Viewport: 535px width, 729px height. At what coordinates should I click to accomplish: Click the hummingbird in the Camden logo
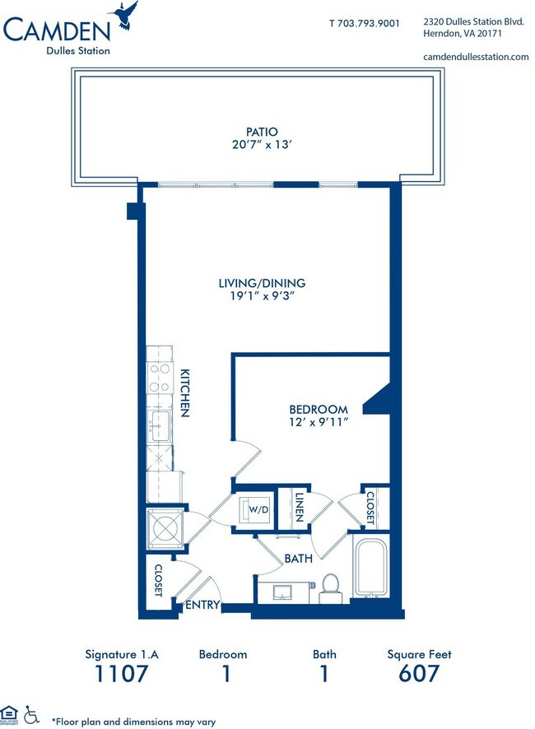pyautogui.click(x=123, y=15)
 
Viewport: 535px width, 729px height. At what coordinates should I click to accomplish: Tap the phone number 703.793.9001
pyautogui.click(x=368, y=23)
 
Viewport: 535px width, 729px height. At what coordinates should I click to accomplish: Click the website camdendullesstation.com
pyautogui.click(x=476, y=57)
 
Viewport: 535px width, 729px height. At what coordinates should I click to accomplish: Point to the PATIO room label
pyautogui.click(x=262, y=132)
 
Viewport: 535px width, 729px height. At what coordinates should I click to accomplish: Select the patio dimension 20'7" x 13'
pyautogui.click(x=262, y=145)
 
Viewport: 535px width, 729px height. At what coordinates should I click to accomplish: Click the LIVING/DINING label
pyautogui.click(x=263, y=283)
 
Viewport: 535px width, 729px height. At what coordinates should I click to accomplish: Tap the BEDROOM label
pyautogui.click(x=319, y=410)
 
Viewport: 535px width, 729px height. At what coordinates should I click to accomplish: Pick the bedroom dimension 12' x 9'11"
pyautogui.click(x=319, y=422)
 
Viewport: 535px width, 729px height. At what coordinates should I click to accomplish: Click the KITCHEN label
pyautogui.click(x=184, y=392)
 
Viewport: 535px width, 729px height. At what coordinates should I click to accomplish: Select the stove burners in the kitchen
pyautogui.click(x=160, y=378)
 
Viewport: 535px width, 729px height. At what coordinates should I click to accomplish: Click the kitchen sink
pyautogui.click(x=158, y=426)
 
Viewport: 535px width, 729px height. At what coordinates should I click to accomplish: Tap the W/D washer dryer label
pyautogui.click(x=258, y=509)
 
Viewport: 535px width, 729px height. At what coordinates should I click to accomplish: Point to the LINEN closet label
pyautogui.click(x=300, y=507)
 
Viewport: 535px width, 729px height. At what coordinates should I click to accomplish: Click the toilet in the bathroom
pyautogui.click(x=330, y=588)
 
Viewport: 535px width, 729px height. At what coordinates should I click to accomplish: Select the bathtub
pyautogui.click(x=370, y=568)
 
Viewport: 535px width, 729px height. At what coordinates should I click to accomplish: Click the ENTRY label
pyautogui.click(x=202, y=605)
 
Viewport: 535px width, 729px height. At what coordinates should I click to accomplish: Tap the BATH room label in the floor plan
pyautogui.click(x=298, y=559)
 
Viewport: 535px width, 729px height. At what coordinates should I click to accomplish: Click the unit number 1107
pyautogui.click(x=122, y=673)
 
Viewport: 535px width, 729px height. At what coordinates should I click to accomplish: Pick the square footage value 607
pyautogui.click(x=419, y=673)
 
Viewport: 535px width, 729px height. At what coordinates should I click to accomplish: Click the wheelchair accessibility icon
pyautogui.click(x=31, y=714)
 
